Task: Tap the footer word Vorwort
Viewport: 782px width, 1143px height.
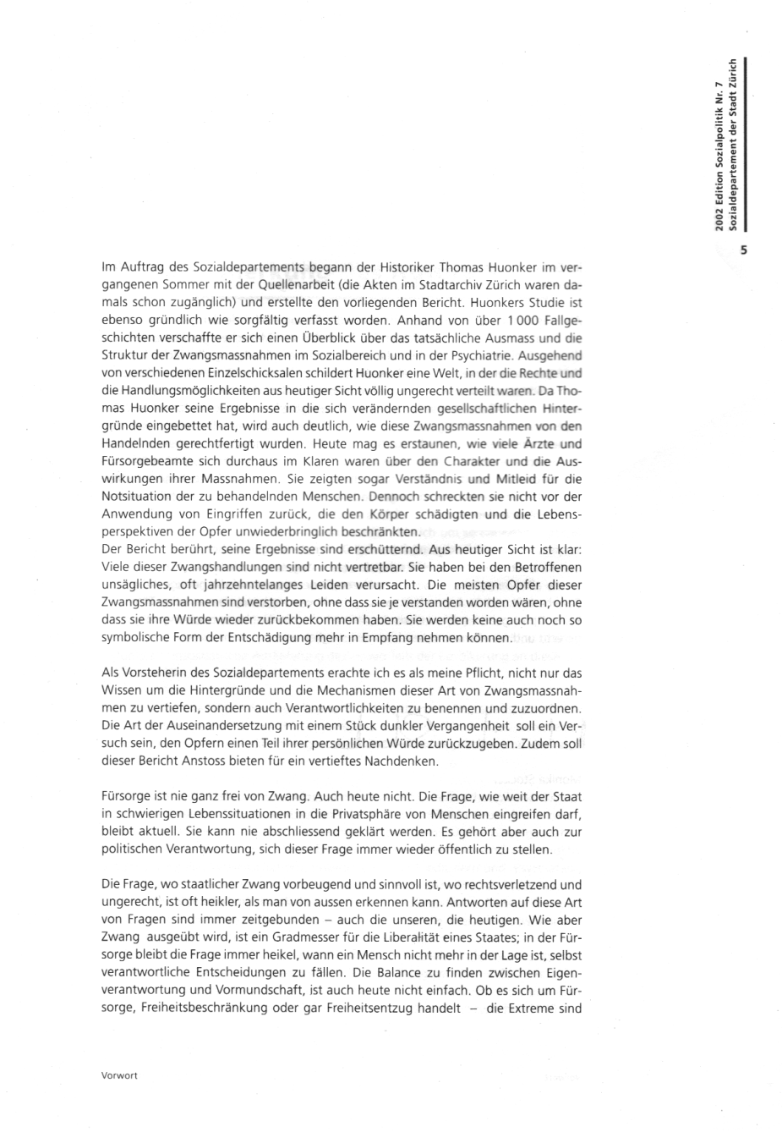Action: pyautogui.click(x=118, y=1075)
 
